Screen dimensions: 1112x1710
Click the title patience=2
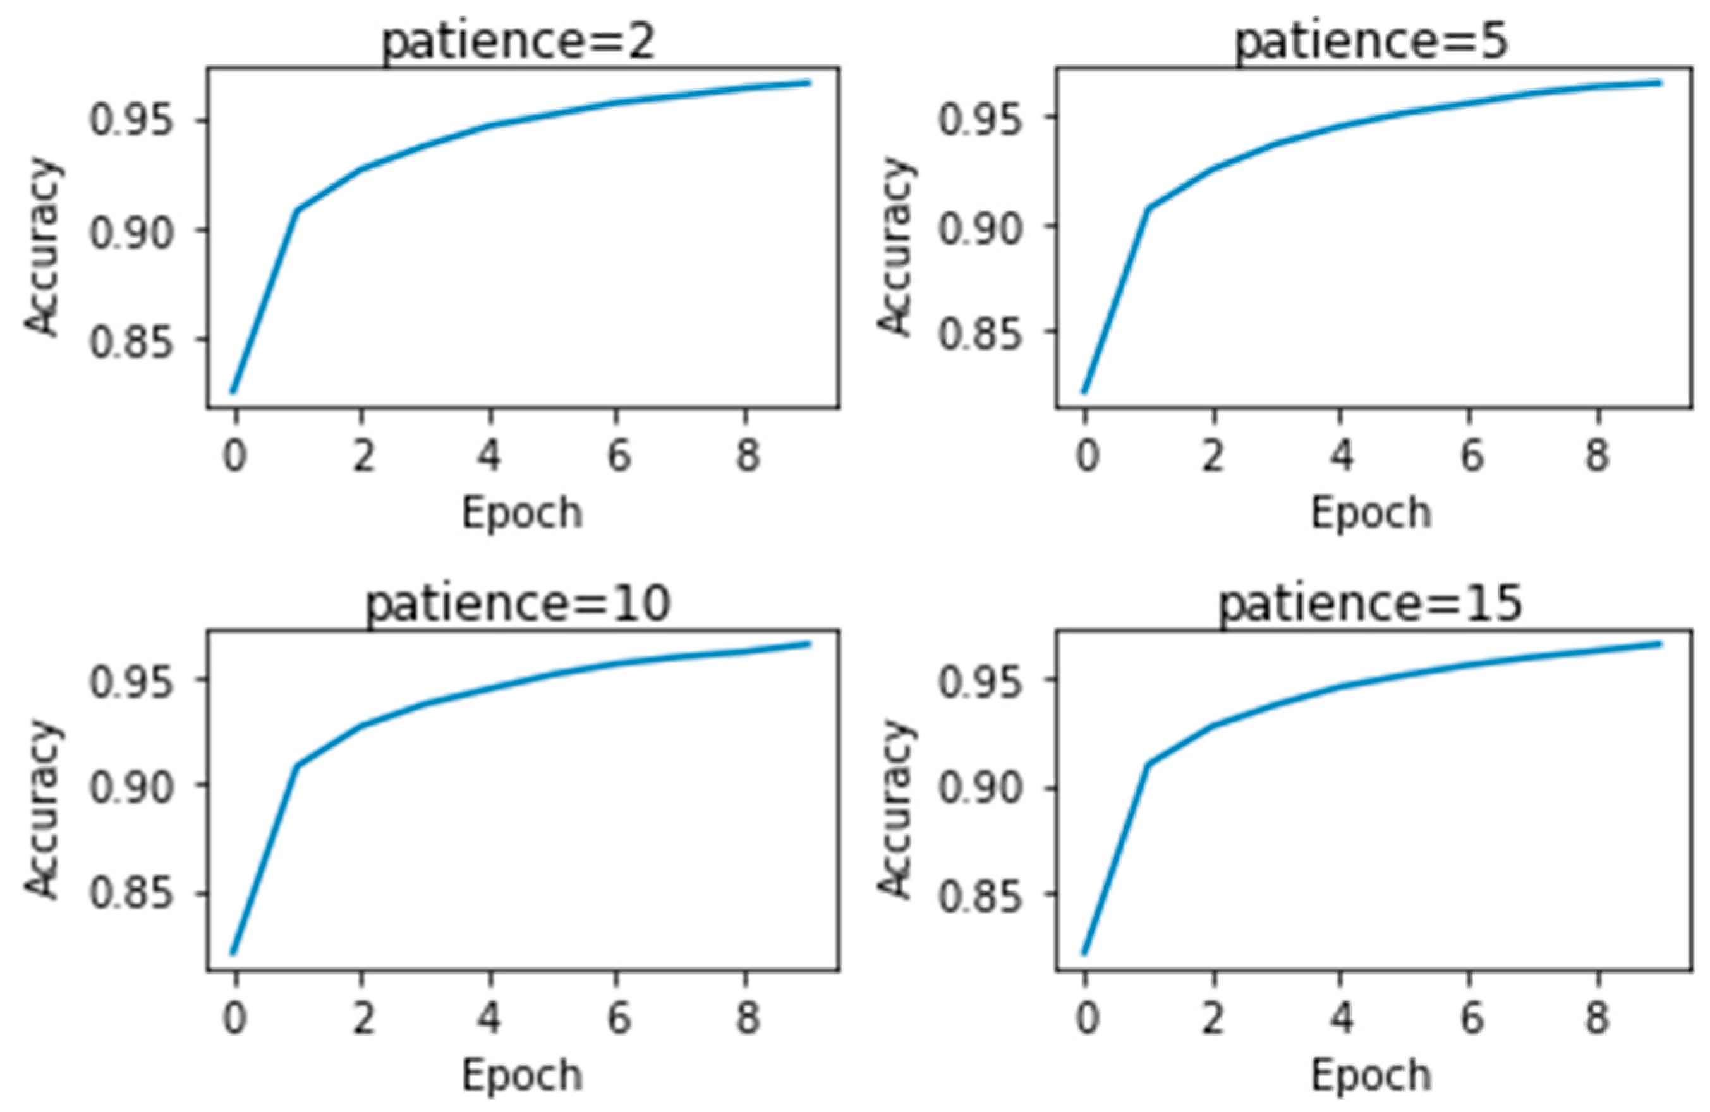click(519, 42)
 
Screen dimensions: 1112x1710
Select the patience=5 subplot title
click(1371, 42)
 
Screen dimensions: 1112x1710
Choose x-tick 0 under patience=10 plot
click(234, 1017)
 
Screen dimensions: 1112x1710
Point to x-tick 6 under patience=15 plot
click(1470, 1017)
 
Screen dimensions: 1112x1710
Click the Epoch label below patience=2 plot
click(521, 513)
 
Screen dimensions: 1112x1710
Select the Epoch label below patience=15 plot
click(1371, 1075)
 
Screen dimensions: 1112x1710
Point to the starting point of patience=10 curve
click(233, 953)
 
